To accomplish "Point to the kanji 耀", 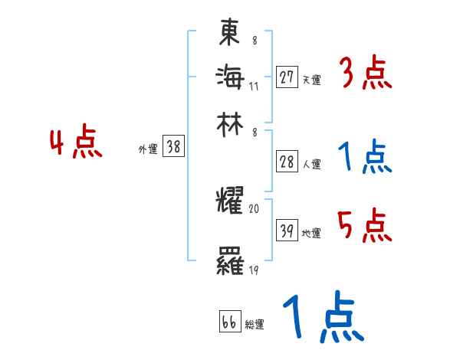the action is pos(230,201).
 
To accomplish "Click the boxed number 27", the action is pos(287,77).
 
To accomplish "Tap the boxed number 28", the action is pos(287,162).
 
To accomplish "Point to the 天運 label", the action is pos(311,80).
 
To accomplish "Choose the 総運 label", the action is pos(255,325).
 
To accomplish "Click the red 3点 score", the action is pos(365,74).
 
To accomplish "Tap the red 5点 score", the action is pos(365,225).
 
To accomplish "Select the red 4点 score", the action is pos(75,144).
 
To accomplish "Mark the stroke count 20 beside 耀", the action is pos(254,208).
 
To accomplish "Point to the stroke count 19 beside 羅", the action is pos(253,270).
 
